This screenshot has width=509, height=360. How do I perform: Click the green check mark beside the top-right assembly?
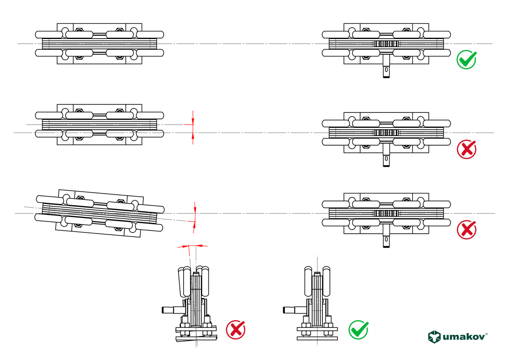tap(466, 60)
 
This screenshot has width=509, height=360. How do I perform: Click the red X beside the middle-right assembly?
tap(466, 149)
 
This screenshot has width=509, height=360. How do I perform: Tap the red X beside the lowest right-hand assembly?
tap(466, 230)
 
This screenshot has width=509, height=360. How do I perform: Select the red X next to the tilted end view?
tap(236, 330)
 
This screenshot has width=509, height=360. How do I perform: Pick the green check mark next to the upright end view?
tap(358, 330)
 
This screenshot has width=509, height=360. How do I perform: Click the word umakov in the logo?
tap(464, 337)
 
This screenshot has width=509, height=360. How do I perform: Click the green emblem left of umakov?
tap(435, 337)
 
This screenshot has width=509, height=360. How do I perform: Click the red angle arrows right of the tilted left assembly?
tap(195, 217)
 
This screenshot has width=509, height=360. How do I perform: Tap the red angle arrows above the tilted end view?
tap(192, 246)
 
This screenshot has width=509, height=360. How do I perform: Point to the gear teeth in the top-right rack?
tap(384, 44)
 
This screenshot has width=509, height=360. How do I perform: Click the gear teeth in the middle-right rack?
tap(384, 133)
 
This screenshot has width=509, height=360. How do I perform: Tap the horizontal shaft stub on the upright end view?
tap(292, 310)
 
